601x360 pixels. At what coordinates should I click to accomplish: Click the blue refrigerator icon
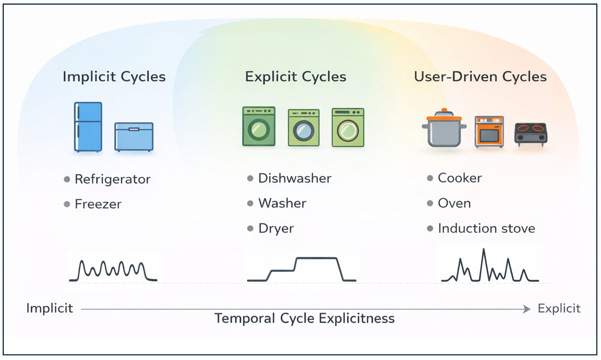point(88,127)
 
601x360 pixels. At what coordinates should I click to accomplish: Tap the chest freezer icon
point(134,137)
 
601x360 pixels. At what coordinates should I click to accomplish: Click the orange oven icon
point(489,131)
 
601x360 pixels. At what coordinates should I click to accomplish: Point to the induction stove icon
point(531,134)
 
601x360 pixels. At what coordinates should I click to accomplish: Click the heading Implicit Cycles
point(114,77)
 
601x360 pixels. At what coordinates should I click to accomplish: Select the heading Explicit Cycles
point(296,77)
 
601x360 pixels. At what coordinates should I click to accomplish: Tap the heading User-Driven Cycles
point(480,77)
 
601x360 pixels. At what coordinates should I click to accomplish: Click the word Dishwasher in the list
point(295,178)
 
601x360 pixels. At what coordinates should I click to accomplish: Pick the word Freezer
point(98,204)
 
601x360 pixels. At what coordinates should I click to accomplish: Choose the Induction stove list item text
point(486,229)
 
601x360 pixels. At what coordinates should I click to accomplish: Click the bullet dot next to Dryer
point(250,229)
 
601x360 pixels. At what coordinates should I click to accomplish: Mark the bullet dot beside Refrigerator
point(67,179)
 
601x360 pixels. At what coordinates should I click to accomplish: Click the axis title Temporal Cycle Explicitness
point(305,319)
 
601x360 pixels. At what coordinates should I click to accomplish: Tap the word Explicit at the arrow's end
point(559,309)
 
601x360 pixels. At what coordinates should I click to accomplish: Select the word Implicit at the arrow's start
point(50,309)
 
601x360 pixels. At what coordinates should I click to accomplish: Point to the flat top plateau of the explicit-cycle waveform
point(316,258)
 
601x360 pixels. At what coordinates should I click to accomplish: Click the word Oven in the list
point(454,203)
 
